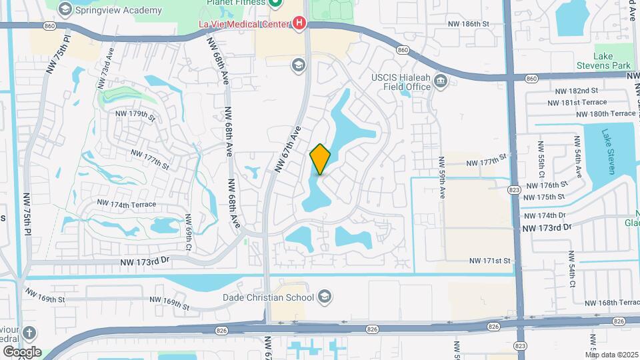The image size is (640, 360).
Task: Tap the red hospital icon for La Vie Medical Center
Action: (x=299, y=24)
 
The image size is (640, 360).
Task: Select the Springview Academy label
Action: (x=119, y=10)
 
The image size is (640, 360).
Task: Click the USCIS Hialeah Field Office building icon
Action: (x=440, y=81)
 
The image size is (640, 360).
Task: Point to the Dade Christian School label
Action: (x=272, y=297)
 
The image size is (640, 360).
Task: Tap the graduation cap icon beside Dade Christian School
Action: (x=324, y=297)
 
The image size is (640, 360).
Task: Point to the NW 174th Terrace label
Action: (x=127, y=203)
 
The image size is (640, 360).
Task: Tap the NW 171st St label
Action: (x=489, y=261)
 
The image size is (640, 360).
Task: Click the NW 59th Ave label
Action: (x=442, y=178)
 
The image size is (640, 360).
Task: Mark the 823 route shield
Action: (x=513, y=190)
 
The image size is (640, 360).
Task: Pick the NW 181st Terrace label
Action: (x=577, y=102)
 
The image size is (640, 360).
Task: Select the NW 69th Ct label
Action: (x=189, y=229)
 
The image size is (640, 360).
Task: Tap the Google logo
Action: (x=21, y=351)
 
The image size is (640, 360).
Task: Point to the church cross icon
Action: (x=29, y=332)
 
